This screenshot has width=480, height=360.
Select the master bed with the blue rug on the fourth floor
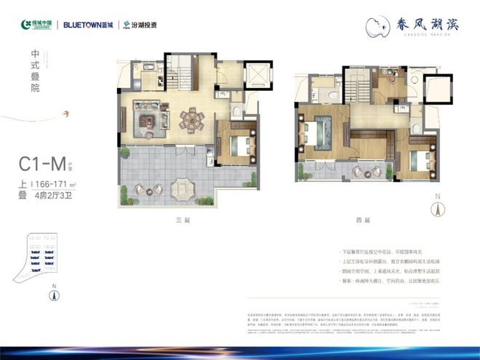point(315,135)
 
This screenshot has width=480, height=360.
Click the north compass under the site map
point(54,295)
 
